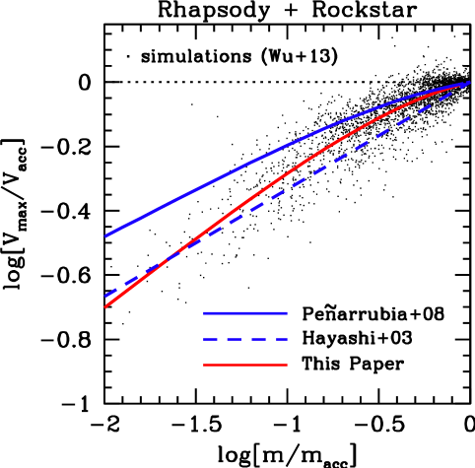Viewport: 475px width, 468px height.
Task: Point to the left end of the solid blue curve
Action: tap(105, 235)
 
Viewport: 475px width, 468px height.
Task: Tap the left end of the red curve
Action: tap(105, 307)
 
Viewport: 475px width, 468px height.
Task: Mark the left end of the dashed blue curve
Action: tap(105, 296)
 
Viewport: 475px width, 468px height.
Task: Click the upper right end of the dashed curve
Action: tap(469, 82)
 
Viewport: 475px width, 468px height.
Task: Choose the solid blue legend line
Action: tap(244, 313)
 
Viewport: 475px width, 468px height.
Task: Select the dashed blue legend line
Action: tap(244, 339)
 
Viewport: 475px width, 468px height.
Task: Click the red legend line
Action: tap(244, 365)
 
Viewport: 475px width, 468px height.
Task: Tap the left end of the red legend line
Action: tap(204, 365)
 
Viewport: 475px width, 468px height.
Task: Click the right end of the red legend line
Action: tap(287, 365)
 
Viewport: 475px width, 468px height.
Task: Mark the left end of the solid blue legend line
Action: tap(204, 313)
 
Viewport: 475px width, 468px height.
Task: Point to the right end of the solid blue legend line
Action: tap(287, 313)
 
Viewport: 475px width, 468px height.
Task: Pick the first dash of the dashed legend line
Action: tap(210, 339)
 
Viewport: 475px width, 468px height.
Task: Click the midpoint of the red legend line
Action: tap(245, 365)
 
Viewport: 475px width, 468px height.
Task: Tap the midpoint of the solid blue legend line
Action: tap(245, 313)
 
